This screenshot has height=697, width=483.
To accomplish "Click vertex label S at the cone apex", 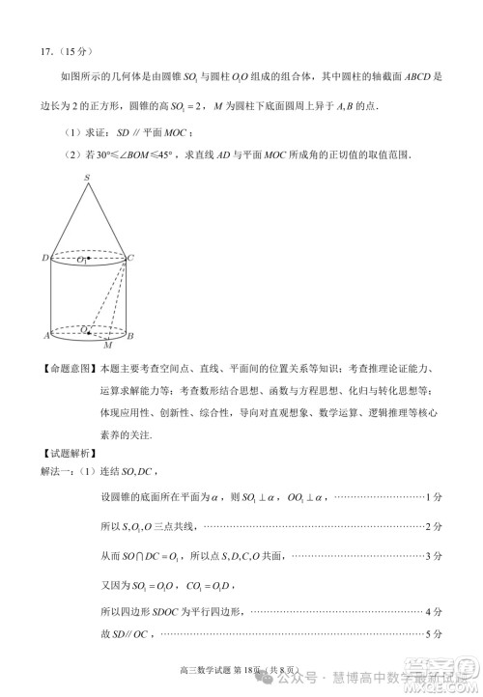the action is (86, 178).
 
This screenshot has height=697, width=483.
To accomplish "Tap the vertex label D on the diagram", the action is (44, 258).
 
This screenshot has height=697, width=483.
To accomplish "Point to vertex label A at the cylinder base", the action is (45, 335).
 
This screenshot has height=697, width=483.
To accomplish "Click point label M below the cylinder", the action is (107, 345).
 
